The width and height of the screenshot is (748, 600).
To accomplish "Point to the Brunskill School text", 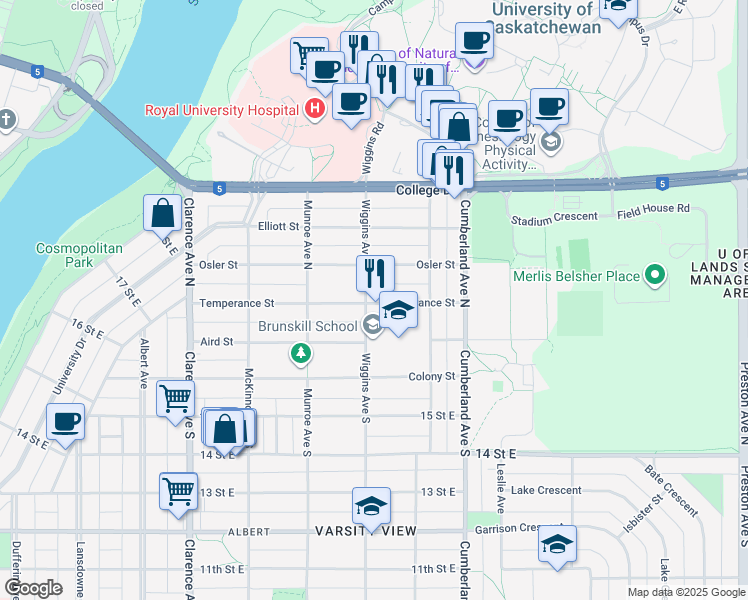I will click(307, 326).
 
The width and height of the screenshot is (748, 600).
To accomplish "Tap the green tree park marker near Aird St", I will click(299, 353).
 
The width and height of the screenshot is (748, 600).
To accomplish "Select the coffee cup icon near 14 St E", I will click(65, 422).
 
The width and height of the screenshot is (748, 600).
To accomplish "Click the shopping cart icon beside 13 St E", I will click(178, 492).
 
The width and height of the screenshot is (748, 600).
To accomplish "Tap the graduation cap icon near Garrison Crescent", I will click(556, 545).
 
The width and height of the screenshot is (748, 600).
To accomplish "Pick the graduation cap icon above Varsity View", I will click(371, 506).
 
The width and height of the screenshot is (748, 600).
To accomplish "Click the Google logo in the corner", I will click(33, 588).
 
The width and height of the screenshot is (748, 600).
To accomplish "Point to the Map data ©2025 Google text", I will click(685, 592).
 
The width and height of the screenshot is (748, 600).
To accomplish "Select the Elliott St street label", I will click(278, 227).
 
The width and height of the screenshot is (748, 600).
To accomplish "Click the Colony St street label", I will click(432, 377).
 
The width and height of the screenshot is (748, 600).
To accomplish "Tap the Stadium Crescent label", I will click(553, 219).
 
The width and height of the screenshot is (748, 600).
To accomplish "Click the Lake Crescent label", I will click(545, 490).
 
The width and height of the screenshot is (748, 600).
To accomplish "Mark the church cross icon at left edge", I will click(7, 120).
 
